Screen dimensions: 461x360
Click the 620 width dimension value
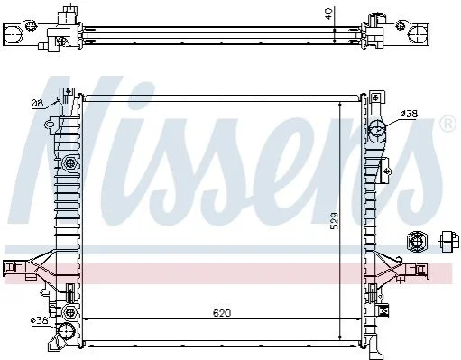point(222,313)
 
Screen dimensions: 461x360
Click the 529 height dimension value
point(334,221)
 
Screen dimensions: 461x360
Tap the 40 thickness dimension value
point(329,14)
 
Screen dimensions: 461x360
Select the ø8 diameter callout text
point(37,104)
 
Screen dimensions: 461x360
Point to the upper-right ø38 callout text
point(409,114)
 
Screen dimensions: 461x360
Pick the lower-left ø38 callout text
point(40,320)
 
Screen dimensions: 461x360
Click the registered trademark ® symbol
point(447,124)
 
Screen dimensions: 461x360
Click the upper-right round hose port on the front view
point(377,130)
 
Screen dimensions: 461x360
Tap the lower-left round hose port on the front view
point(67,331)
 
